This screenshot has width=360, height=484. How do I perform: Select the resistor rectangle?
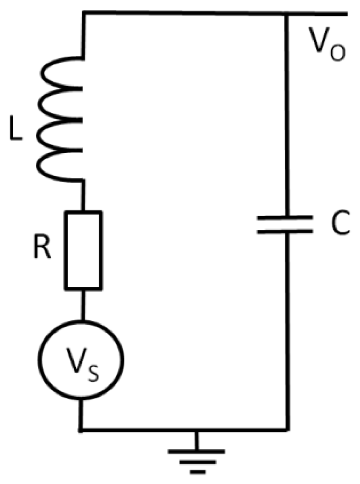click(84, 250)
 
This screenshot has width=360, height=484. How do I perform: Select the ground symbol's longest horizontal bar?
click(196, 451)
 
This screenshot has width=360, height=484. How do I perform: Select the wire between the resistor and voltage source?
click(83, 304)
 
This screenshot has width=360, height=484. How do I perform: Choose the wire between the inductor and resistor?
click(83, 196)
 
